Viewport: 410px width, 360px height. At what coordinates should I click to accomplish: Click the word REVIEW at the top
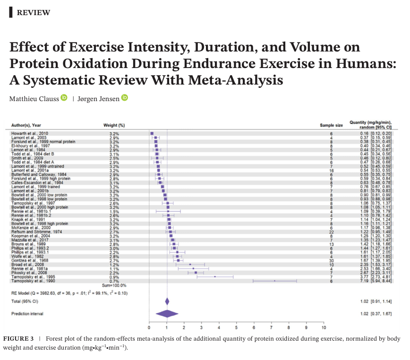(x=33, y=13)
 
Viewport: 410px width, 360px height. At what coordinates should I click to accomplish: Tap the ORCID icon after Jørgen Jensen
(x=125, y=98)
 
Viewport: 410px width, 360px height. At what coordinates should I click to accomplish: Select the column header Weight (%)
(x=114, y=125)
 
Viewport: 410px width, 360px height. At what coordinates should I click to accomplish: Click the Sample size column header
(x=331, y=125)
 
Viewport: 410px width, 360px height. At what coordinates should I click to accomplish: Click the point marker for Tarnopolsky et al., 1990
(x=275, y=281)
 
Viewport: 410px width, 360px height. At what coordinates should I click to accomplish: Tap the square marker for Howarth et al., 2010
(x=152, y=134)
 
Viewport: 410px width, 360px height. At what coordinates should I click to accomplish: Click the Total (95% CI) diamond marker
(x=167, y=301)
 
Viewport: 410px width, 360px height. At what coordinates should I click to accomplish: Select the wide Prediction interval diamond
(x=167, y=313)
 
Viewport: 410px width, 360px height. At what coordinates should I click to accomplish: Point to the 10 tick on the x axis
(x=324, y=327)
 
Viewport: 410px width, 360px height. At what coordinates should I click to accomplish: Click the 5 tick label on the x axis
(x=236, y=327)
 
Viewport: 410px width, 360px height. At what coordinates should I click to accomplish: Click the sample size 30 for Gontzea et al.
(x=331, y=260)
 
